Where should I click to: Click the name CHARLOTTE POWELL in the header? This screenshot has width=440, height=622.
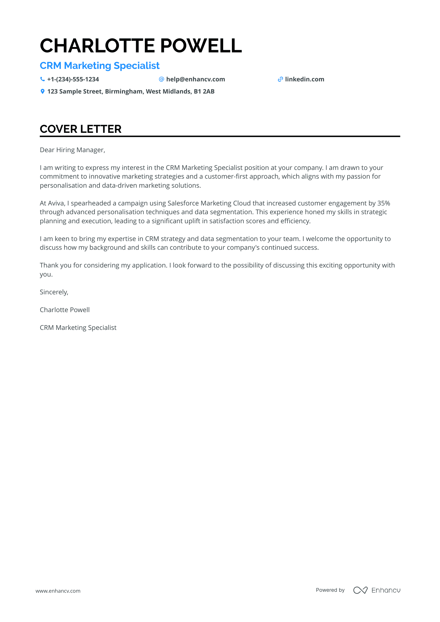pos(141,46)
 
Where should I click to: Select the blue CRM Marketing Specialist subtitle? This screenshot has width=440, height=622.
pos(100,66)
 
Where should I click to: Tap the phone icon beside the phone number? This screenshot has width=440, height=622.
pos(42,80)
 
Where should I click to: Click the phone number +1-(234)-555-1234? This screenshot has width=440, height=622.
pos(73,80)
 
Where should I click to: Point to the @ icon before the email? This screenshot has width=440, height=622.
pos(161,80)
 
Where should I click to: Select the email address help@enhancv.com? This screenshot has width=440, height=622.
pos(195,80)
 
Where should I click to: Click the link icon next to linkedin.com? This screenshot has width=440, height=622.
pos(280,80)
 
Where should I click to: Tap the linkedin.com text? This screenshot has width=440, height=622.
pos(304,80)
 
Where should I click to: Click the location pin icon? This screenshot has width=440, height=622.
pos(42,92)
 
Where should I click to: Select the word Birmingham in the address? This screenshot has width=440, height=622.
pos(124,92)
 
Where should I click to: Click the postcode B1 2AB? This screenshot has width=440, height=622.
pos(204,92)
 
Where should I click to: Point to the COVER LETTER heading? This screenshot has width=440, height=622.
pos(81,129)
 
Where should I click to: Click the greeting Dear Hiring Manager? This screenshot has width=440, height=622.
pos(72,150)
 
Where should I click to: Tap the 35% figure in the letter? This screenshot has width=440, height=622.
pos(384,203)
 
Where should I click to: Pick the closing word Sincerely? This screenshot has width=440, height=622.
pos(54,292)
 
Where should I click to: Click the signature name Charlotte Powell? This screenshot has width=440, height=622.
pos(65,310)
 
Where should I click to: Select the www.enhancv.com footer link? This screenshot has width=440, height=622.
pos(58,591)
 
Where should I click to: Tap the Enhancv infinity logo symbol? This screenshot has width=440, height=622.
pos(360,590)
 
